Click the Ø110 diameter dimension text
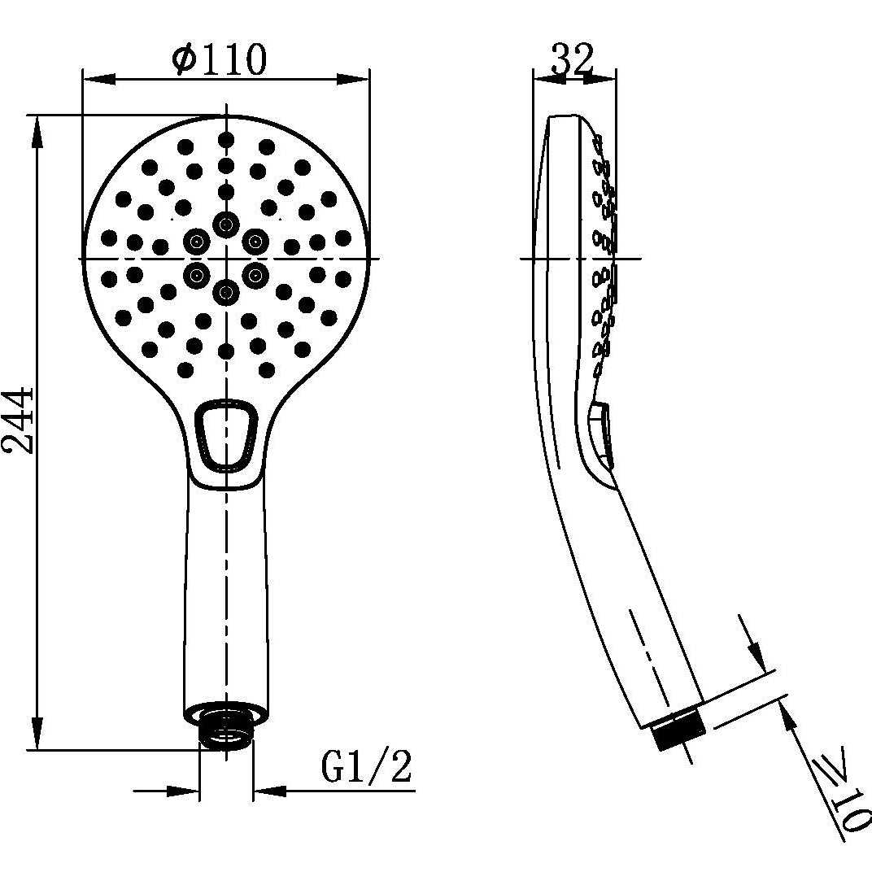pyautogui.click(x=220, y=59)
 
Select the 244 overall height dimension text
pyautogui.click(x=18, y=421)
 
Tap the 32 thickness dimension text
pyautogui.click(x=573, y=59)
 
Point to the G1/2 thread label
pyautogui.click(x=366, y=767)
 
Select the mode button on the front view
pyautogui.click(x=227, y=435)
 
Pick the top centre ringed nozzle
pyautogui.click(x=225, y=224)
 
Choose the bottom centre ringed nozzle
pyautogui.click(x=225, y=291)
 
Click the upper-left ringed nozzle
pyautogui.click(x=195, y=240)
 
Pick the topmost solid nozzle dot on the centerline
pyautogui.click(x=225, y=138)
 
